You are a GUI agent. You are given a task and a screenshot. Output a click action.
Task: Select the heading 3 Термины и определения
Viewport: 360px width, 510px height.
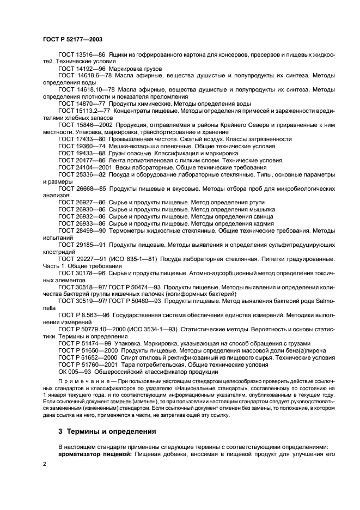coord(100,431)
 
